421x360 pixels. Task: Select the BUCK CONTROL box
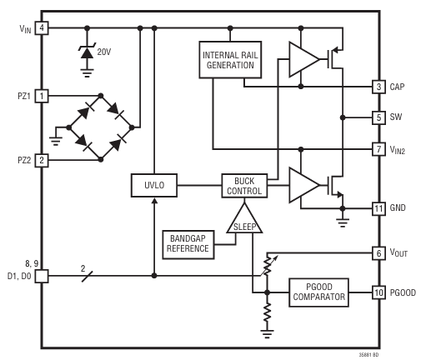click(x=243, y=184)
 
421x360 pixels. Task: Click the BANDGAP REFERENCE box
click(x=188, y=241)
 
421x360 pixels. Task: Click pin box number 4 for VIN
click(x=41, y=28)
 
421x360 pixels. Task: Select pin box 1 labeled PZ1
click(x=41, y=96)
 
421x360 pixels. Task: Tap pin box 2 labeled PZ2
click(x=41, y=159)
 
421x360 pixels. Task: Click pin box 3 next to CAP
click(x=378, y=86)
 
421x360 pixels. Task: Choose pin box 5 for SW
click(x=378, y=117)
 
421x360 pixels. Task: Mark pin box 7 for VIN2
click(x=378, y=149)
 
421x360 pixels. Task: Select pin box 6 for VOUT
click(x=378, y=252)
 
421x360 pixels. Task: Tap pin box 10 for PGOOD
click(x=378, y=292)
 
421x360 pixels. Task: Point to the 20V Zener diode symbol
click(x=85, y=52)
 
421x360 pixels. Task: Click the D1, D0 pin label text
click(x=17, y=275)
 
